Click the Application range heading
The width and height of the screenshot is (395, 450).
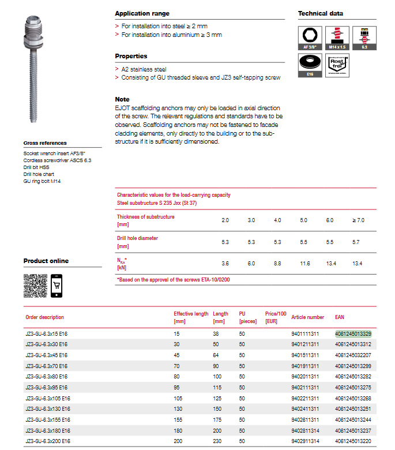point(142,13)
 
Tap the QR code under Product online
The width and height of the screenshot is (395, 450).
point(35,286)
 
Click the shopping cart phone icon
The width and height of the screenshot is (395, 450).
point(57,286)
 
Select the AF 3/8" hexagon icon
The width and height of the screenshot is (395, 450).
point(310,37)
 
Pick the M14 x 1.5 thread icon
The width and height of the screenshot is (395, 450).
point(337,37)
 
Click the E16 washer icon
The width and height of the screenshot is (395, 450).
point(310,67)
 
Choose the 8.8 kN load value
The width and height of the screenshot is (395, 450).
point(277,263)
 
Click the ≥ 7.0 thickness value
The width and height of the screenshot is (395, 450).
point(358,220)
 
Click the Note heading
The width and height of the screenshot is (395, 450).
point(122,99)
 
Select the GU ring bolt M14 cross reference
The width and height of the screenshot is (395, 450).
point(42,181)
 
